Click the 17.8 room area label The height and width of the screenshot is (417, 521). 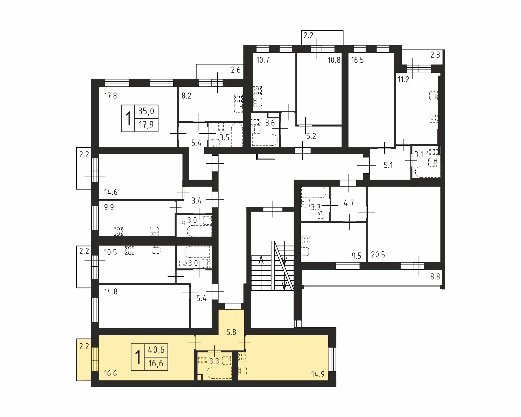pos(111,96)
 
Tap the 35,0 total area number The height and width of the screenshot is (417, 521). pos(146,111)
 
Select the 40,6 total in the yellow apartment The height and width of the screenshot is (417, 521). pos(156,350)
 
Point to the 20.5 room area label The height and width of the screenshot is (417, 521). pos(378,255)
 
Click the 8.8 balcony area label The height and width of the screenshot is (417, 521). pos(435,277)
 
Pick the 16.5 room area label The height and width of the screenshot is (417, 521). pos(357,60)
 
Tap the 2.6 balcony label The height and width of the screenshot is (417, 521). pos(236,70)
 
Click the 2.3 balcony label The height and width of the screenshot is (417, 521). pos(435,55)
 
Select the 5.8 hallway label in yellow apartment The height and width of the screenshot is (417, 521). pos(231,332)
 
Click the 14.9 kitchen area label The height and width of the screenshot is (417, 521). pos(318,374)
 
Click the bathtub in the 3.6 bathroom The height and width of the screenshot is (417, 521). pos(265,140)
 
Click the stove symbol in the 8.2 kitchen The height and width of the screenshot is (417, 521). pos(238,99)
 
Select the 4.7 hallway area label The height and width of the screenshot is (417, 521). pos(349,203)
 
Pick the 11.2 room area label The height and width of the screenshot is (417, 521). pos(403,79)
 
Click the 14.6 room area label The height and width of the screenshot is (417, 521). pos(111,192)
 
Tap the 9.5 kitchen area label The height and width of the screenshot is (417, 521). pos(357,256)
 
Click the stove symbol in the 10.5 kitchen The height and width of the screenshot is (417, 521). pos(130,250)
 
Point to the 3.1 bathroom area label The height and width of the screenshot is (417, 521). pos(419,154)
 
